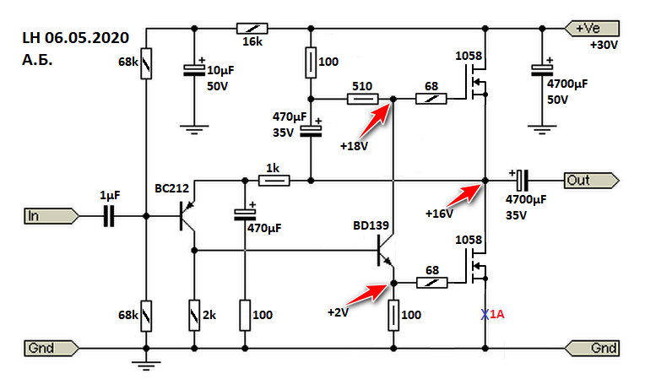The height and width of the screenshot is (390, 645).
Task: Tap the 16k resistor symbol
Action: pos(251,27)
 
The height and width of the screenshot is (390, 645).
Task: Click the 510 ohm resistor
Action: pos(362,100)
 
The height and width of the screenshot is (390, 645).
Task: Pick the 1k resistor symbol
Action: pos(274,180)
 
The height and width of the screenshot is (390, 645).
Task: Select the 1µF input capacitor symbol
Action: pos(109,216)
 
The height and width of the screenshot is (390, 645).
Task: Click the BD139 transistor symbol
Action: pos(384,251)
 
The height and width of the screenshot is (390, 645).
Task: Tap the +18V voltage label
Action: pos(353,146)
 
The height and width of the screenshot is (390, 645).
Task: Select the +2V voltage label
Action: pos(338,311)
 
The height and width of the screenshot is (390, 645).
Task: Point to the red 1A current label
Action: pos(499,315)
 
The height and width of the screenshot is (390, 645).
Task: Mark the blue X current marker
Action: pos(485,315)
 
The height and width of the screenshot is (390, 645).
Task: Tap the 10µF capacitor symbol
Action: pos(195,73)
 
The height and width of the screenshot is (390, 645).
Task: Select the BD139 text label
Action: pos(372,225)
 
